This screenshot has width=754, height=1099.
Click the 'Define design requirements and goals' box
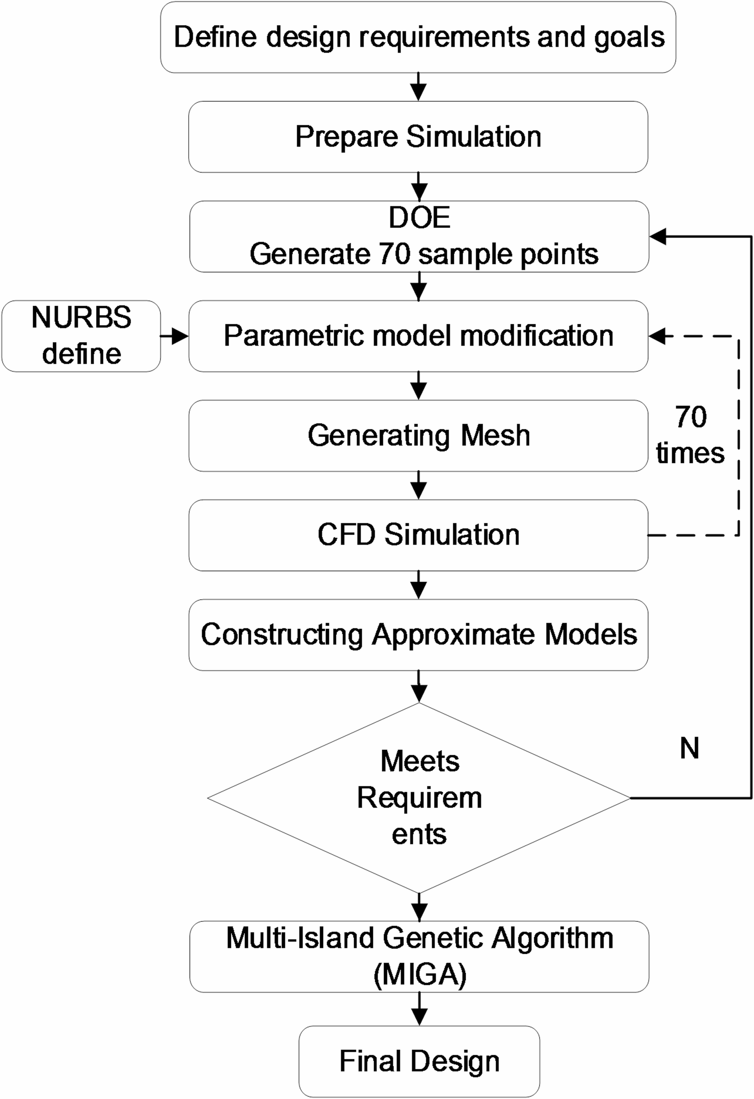(418, 37)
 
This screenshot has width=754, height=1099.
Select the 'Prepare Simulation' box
(418, 137)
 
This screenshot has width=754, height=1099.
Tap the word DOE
(419, 218)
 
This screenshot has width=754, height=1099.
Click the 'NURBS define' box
(81, 336)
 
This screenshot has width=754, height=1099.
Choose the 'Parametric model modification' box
(418, 336)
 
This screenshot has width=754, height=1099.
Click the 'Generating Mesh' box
(418, 435)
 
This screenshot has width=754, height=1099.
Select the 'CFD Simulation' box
(418, 535)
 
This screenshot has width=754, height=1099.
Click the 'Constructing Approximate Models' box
(418, 635)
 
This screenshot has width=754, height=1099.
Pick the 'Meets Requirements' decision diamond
(419, 798)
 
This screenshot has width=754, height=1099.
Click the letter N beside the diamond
(689, 749)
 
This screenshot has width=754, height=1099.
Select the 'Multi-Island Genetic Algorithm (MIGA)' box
(419, 956)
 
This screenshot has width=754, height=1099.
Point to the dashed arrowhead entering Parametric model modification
(658, 336)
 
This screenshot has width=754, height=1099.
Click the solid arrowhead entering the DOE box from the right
(658, 236)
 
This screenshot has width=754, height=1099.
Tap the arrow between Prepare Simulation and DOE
(419, 187)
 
